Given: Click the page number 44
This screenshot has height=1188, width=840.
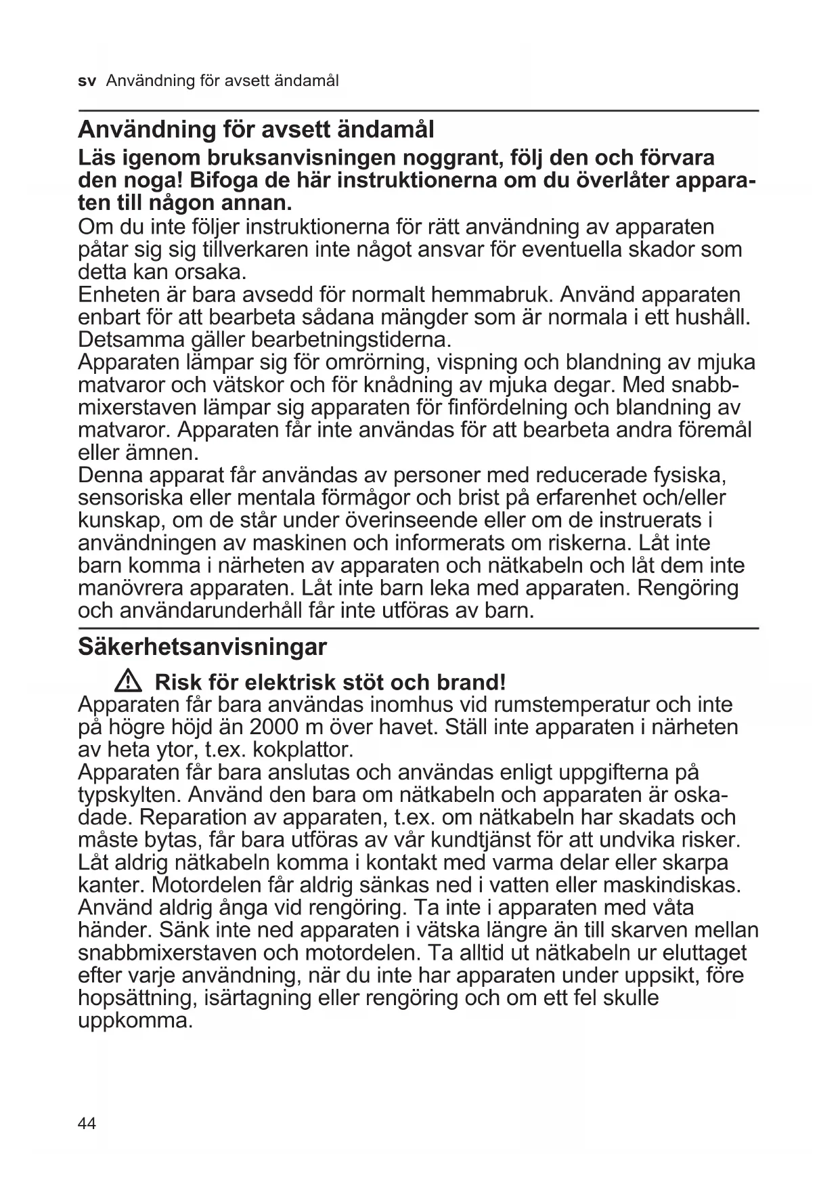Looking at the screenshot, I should click(x=87, y=1124).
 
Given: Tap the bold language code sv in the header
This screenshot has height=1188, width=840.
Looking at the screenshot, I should click(x=87, y=81).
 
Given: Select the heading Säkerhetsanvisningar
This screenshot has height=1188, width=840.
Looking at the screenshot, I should click(x=202, y=647).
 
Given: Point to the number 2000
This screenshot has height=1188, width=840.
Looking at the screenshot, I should click(x=275, y=727).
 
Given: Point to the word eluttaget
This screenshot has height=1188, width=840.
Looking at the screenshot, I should click(x=704, y=953).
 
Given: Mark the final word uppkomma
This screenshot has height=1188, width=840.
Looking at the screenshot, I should click(x=135, y=1021).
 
